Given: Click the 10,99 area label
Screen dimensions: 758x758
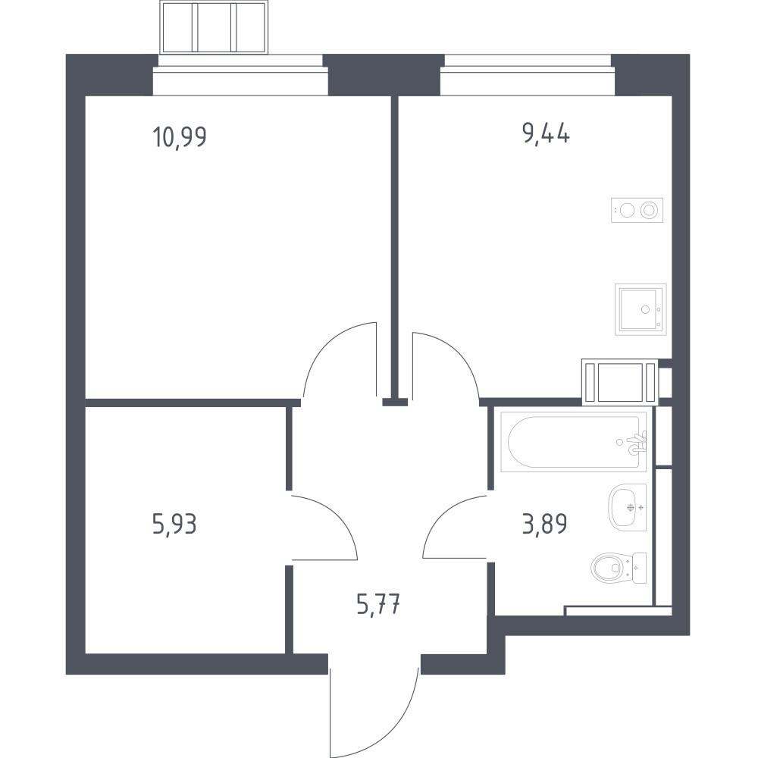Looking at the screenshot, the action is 180,136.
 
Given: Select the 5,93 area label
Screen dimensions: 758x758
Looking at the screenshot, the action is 174,524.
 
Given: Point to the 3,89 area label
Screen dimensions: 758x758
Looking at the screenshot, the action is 544,524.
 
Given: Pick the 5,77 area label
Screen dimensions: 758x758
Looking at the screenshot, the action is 378,604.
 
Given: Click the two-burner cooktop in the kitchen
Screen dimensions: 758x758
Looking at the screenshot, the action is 637,210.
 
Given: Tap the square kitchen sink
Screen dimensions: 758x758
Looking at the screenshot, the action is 641,309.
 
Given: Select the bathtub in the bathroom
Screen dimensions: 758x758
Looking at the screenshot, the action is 573,441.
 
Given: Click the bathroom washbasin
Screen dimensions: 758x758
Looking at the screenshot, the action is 628,507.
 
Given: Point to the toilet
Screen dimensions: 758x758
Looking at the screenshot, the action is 619,568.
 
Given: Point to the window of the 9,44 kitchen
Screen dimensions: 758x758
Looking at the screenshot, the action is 528,74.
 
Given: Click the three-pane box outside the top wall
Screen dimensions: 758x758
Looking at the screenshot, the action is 215,27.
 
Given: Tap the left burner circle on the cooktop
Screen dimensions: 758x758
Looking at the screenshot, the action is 627,210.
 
